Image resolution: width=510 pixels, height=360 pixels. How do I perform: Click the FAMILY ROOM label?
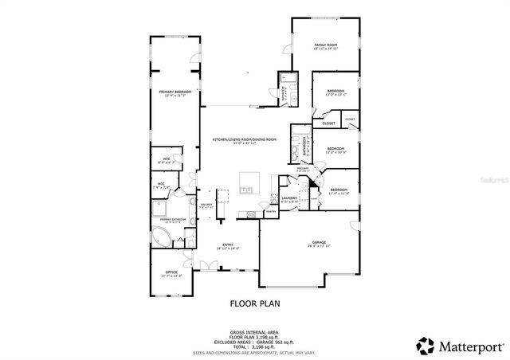tap(325, 45)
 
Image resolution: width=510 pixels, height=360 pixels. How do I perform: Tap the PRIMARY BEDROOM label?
tap(175, 92)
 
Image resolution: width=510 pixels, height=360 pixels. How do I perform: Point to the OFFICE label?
tap(172, 273)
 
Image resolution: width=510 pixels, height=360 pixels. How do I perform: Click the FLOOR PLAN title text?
tap(254, 303)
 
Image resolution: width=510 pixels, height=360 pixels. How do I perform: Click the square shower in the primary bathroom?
tap(162, 209)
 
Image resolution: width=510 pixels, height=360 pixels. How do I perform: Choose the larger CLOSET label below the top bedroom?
tap(328, 123)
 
